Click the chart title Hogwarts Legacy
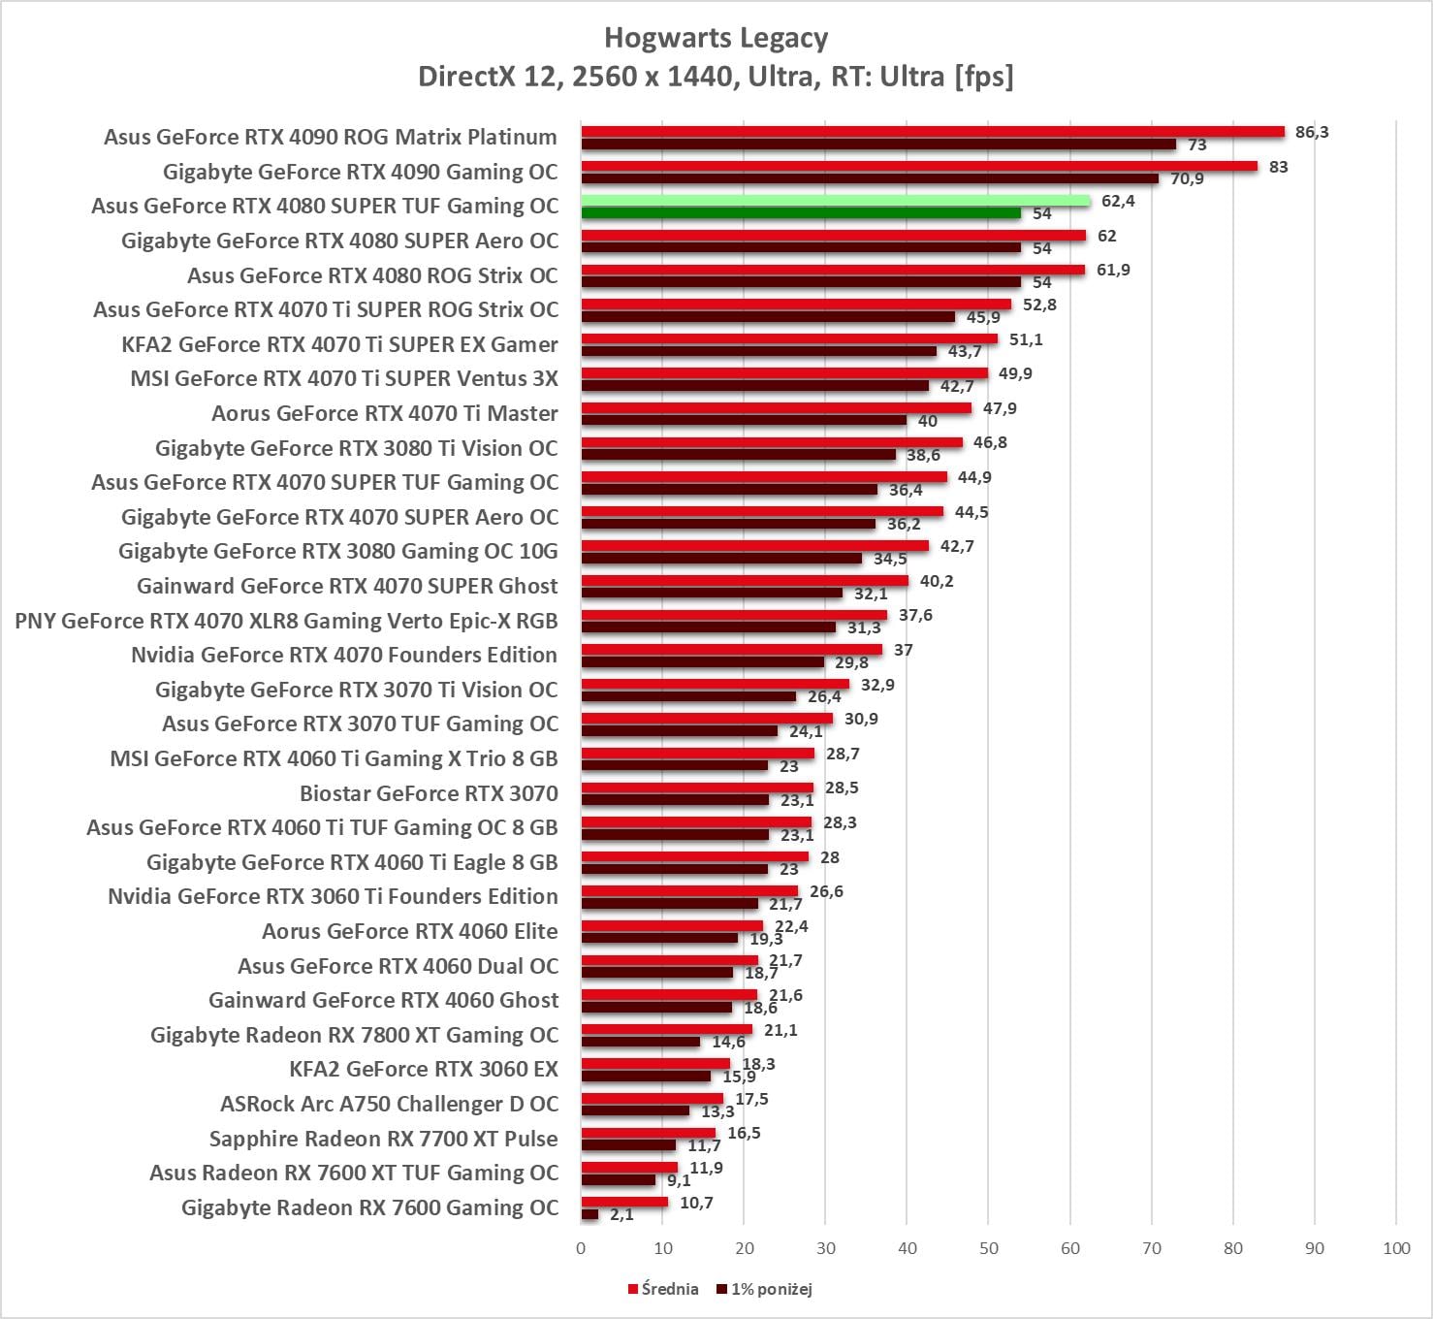716,38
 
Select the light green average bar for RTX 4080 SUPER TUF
835,201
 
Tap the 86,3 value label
1311,132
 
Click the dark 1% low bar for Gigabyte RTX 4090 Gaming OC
869,178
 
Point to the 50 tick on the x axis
988,1248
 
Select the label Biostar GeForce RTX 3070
429,793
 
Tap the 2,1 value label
621,1214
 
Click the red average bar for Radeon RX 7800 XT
666,1029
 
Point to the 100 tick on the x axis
1396,1248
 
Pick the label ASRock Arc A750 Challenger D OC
389,1104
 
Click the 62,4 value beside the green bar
1118,201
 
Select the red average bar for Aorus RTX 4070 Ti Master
776,408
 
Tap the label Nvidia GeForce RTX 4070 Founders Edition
344,655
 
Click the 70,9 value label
1187,179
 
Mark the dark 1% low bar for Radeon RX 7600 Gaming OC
589,1214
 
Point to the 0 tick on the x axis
581,1248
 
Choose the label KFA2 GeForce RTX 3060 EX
424,1069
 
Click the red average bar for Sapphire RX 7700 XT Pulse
648,1133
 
